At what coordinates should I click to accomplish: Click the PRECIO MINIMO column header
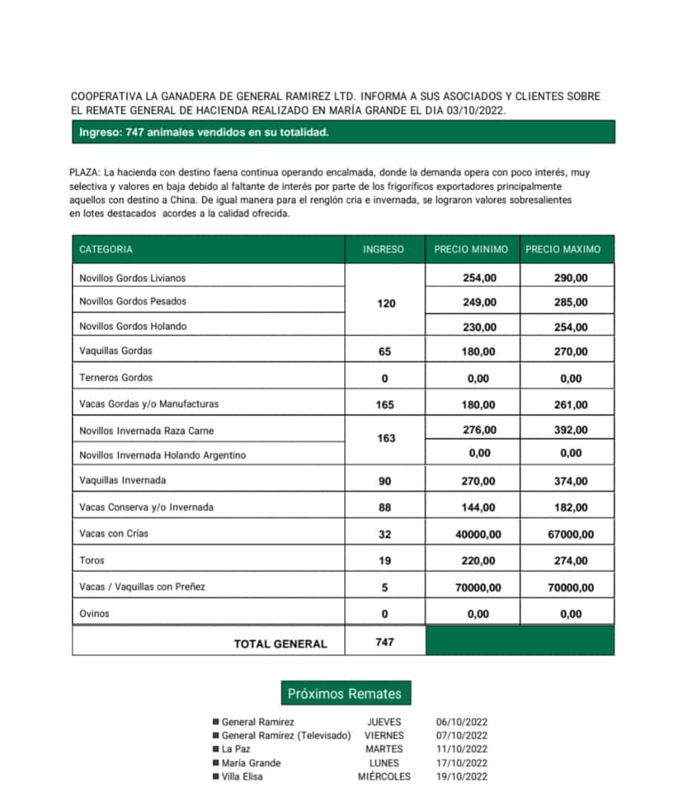tap(471, 250)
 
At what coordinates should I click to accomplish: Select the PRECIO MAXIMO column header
tap(563, 250)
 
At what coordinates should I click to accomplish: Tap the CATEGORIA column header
tap(106, 250)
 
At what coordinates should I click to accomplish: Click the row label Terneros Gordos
tap(116, 378)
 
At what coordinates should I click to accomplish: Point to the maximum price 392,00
tap(570, 430)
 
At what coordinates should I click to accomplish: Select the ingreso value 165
tap(385, 405)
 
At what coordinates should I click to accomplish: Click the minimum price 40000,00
tap(478, 535)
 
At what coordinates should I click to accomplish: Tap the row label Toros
tap(92, 561)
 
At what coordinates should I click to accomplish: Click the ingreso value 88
tap(385, 508)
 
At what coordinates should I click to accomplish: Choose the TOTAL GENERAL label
tap(280, 644)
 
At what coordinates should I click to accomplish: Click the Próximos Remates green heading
tap(345, 694)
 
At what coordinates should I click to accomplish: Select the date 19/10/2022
tap(462, 777)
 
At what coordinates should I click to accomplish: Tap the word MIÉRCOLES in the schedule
tap(383, 777)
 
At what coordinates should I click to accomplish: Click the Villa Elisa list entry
tap(242, 777)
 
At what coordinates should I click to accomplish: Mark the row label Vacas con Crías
tap(113, 533)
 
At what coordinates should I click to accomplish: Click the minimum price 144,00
tap(478, 508)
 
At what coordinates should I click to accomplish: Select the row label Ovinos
tap(94, 613)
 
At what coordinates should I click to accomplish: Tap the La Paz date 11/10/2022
tap(462, 749)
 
